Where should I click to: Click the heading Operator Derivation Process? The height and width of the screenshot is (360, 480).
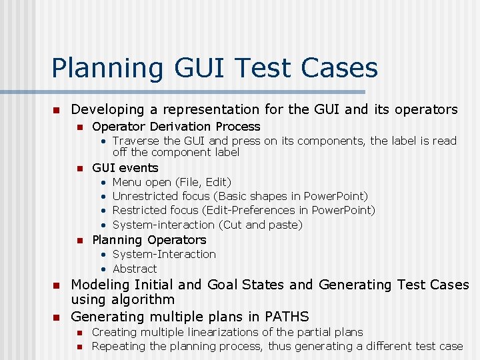click(176, 127)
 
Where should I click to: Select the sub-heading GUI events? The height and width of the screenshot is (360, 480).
click(125, 168)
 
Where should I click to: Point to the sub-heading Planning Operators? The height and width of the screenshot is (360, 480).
click(149, 240)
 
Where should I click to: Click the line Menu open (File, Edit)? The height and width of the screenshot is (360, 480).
click(172, 182)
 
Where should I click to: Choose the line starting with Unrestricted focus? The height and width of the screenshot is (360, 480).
click(240, 196)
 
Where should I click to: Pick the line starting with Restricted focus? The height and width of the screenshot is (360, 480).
click(244, 210)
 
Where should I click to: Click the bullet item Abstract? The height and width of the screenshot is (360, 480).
click(135, 269)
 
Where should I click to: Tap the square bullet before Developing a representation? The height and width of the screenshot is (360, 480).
click(57, 110)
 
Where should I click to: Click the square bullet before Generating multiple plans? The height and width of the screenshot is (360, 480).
click(57, 317)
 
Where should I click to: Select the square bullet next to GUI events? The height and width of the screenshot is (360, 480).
click(79, 169)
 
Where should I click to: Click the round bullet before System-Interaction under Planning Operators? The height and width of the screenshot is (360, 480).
click(104, 255)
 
